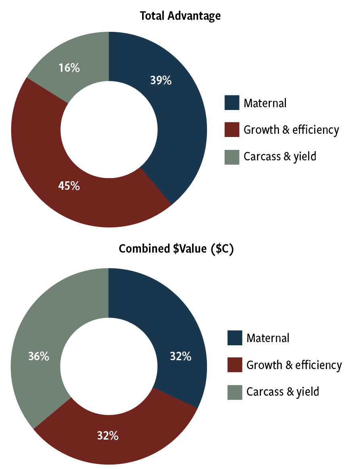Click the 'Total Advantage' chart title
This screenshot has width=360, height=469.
click(180, 16)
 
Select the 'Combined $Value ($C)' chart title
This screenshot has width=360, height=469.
click(176, 249)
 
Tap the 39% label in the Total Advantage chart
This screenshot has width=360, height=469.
click(161, 81)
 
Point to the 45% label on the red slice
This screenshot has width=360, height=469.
click(69, 186)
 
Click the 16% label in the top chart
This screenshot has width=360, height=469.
click(69, 68)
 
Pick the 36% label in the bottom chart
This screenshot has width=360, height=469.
click(39, 356)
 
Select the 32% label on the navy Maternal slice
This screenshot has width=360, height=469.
click(180, 356)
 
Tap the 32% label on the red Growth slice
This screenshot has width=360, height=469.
click(108, 435)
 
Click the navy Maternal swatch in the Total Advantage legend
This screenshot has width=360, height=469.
click(232, 103)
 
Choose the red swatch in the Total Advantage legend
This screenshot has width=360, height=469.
click(232, 130)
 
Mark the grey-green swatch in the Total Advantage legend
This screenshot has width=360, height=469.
click(232, 157)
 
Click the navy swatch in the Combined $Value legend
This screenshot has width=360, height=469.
click(235, 338)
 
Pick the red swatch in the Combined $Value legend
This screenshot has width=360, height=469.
click(235, 365)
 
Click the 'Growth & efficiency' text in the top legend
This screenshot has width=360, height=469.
click(291, 130)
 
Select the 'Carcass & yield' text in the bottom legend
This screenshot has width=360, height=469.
click(283, 392)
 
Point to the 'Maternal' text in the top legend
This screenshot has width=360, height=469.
click(265, 103)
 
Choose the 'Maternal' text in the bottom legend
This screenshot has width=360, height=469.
click(268, 338)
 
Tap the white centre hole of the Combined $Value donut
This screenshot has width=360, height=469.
click(109, 365)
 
